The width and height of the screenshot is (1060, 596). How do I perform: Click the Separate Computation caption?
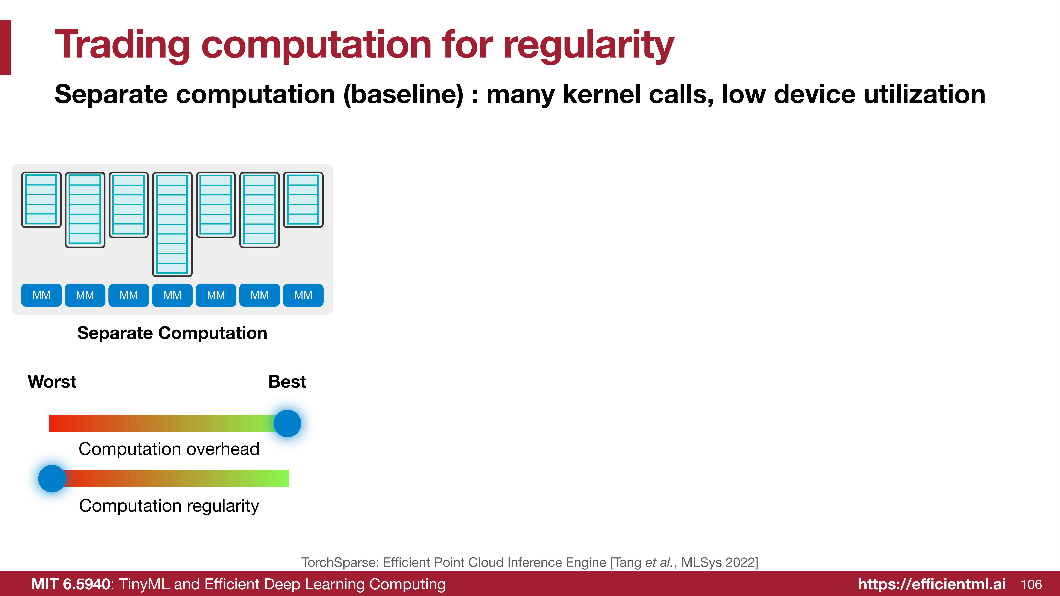coord(172,333)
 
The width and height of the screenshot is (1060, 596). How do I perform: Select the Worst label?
coord(52,382)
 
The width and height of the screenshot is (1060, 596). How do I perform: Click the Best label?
coord(287,382)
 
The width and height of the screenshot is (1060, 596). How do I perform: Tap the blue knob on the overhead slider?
coord(287,423)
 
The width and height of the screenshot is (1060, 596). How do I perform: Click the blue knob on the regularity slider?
coord(52,478)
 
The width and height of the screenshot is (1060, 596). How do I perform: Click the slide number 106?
coord(1031,584)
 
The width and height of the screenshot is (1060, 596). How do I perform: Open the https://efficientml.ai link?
coord(932,584)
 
